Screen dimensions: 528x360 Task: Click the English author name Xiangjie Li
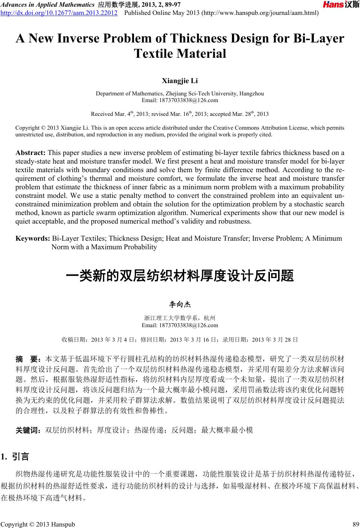click(x=180, y=80)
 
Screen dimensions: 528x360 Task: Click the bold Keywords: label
click(x=33, y=238)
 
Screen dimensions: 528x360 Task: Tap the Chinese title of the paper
click(x=180, y=276)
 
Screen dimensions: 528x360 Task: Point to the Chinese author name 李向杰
click(x=180, y=305)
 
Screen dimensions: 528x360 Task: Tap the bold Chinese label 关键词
click(x=28, y=430)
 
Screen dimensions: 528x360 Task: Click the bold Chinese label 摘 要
click(x=28, y=360)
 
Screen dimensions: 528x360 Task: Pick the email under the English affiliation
click(x=180, y=100)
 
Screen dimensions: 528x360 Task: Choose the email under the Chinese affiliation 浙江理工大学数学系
click(x=180, y=325)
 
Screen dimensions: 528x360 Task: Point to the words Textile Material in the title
click(x=180, y=54)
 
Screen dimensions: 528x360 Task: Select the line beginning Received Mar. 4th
click(x=180, y=114)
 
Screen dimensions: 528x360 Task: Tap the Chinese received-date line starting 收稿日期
click(x=180, y=339)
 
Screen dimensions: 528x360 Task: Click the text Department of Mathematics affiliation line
click(x=180, y=94)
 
